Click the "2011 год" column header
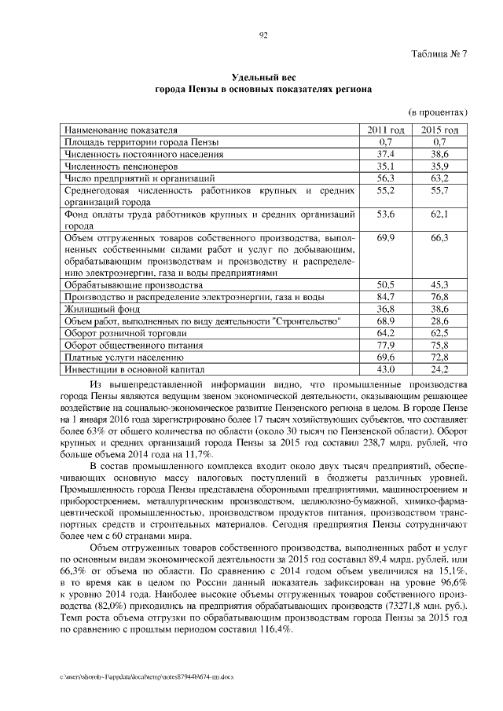pyautogui.click(x=385, y=129)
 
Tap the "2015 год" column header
pyautogui.click(x=439, y=129)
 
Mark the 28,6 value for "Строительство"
pyautogui.click(x=439, y=321)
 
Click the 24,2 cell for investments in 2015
pyautogui.click(x=439, y=368)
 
